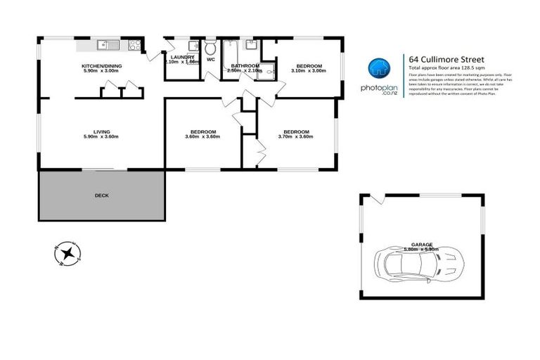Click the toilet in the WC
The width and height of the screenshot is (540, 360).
[x=210, y=48]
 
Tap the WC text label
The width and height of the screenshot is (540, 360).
[x=210, y=60]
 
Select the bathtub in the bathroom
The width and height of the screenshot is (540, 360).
[x=230, y=53]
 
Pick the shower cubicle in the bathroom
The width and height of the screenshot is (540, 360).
[x=264, y=72]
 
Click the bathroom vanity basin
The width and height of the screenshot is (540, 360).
[x=251, y=46]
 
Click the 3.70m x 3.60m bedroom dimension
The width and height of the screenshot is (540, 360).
[x=296, y=136]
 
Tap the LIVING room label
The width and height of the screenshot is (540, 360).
[x=102, y=131]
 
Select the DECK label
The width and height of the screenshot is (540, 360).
[x=102, y=195]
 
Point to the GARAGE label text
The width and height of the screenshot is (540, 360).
[x=421, y=244]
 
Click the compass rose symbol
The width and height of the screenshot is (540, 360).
[x=67, y=252]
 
